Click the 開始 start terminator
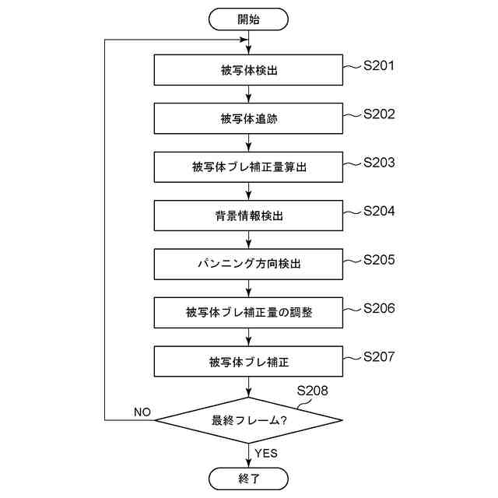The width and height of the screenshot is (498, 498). [248, 19]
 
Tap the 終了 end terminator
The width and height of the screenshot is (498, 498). [248, 478]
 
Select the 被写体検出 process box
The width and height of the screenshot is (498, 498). [248, 70]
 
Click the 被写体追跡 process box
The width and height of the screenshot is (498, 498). [248, 118]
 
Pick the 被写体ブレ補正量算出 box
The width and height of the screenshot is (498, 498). [248, 167]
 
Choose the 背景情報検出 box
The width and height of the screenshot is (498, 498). [248, 215]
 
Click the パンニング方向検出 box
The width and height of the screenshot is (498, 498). [248, 264]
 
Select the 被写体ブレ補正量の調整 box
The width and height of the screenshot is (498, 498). [248, 312]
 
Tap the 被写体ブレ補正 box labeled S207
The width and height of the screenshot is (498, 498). [248, 361]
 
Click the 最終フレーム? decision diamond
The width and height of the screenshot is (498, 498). [248, 420]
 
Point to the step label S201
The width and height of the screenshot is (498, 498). [379, 65]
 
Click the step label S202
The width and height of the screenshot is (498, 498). [379, 114]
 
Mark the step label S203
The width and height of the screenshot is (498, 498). [379, 163]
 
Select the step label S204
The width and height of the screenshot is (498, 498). [379, 211]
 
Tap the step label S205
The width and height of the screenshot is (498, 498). [379, 260]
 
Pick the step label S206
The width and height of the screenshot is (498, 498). [379, 308]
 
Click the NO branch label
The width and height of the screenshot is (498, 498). [142, 411]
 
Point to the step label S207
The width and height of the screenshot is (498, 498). [379, 356]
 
